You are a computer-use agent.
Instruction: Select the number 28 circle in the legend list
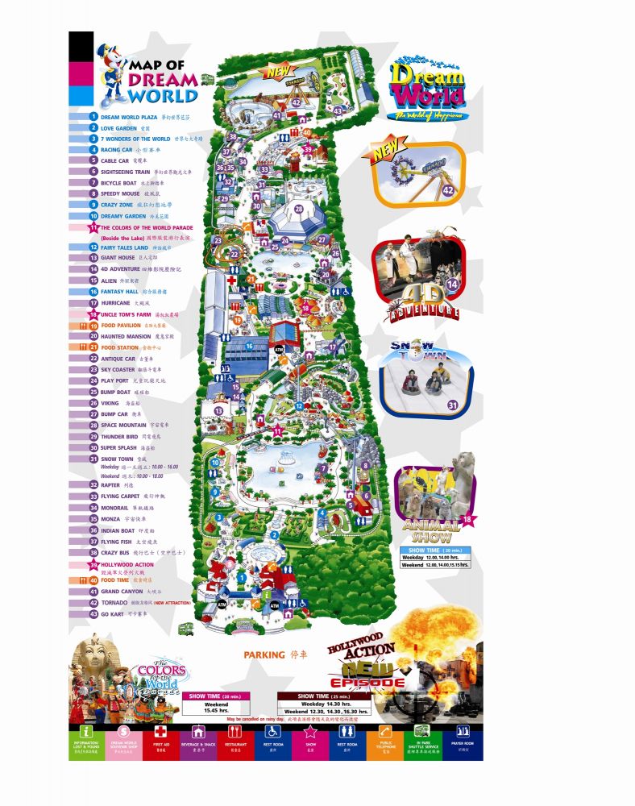coord(93,425)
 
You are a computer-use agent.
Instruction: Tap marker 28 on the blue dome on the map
coord(298,210)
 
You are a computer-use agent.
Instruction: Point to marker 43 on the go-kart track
coord(338,110)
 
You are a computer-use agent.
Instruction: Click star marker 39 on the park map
coord(307,149)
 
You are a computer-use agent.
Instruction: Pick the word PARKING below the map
coord(264,654)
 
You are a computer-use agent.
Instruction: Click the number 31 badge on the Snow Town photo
coord(452,405)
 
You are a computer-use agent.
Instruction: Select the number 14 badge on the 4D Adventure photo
coord(452,284)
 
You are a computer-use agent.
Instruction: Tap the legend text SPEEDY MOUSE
coord(120,193)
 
